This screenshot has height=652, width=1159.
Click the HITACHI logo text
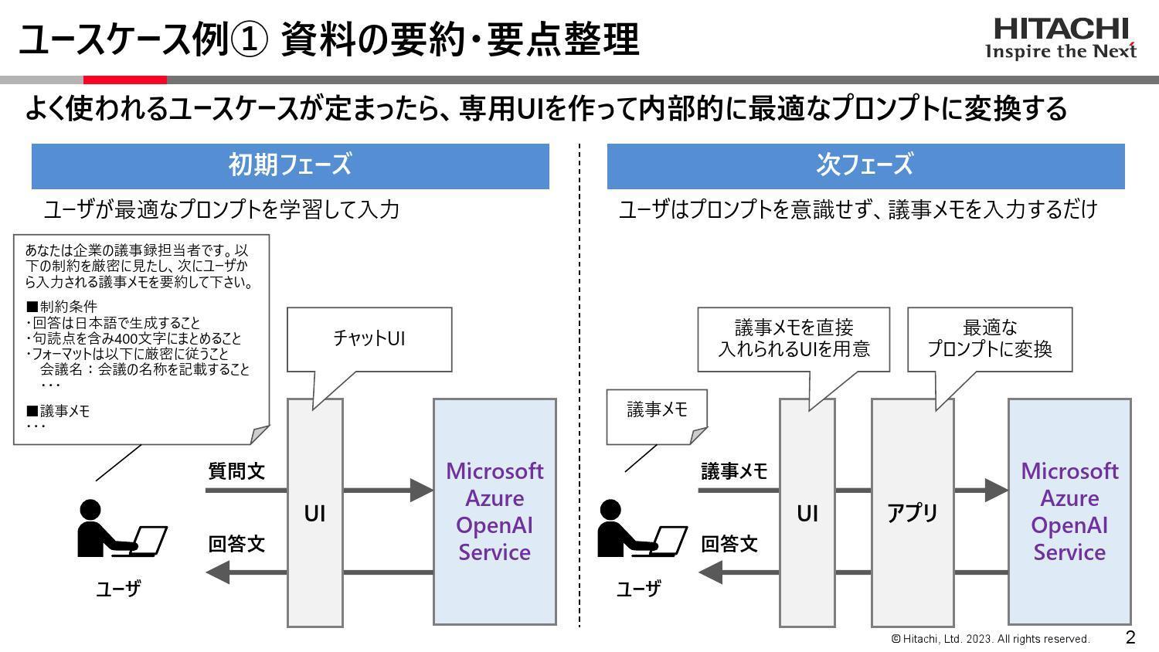[1060, 29]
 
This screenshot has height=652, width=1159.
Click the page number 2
[1130, 637]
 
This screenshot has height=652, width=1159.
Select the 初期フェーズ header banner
[290, 165]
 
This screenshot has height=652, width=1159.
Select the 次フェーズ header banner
[865, 165]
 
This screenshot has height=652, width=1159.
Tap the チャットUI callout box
[369, 338]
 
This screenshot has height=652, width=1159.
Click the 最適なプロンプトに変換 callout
[989, 338]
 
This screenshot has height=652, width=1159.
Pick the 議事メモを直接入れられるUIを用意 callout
[794, 338]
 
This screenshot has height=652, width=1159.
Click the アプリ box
[913, 512]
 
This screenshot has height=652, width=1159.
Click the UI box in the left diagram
[314, 513]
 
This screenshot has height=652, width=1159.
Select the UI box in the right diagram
[807, 513]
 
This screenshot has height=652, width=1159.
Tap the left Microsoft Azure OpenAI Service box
[495, 511]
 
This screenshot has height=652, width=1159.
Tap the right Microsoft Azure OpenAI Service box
[1069, 511]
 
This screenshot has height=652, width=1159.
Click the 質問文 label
[236, 471]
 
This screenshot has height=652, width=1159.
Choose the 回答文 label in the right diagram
[729, 544]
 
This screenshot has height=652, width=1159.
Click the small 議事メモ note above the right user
[657, 411]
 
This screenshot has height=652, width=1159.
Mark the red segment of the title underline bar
[124, 80]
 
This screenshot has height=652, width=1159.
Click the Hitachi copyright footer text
[991, 639]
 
